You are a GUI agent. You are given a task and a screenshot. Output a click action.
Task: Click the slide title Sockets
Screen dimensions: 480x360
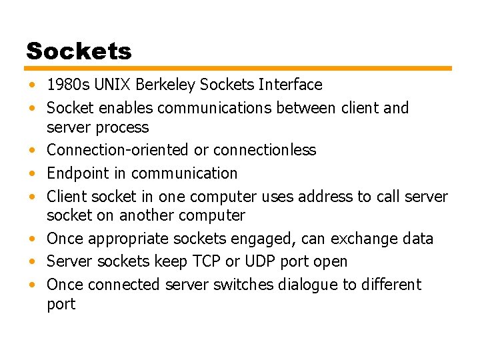79,51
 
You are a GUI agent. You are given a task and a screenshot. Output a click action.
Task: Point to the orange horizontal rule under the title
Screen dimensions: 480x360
239,68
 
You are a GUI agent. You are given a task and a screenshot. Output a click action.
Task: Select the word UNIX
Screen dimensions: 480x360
109,85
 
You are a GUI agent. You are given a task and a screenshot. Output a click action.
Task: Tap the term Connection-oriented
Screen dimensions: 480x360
117,150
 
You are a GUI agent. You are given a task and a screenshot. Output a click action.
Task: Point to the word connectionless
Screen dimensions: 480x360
265,150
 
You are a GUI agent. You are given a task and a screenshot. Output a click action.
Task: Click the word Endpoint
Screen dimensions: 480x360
77,173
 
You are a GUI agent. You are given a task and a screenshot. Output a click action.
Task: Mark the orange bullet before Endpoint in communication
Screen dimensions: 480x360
33,174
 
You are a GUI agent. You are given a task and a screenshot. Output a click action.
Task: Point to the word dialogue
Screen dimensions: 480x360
304,285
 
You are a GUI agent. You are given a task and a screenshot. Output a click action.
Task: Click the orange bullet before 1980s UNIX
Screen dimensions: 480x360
33,86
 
